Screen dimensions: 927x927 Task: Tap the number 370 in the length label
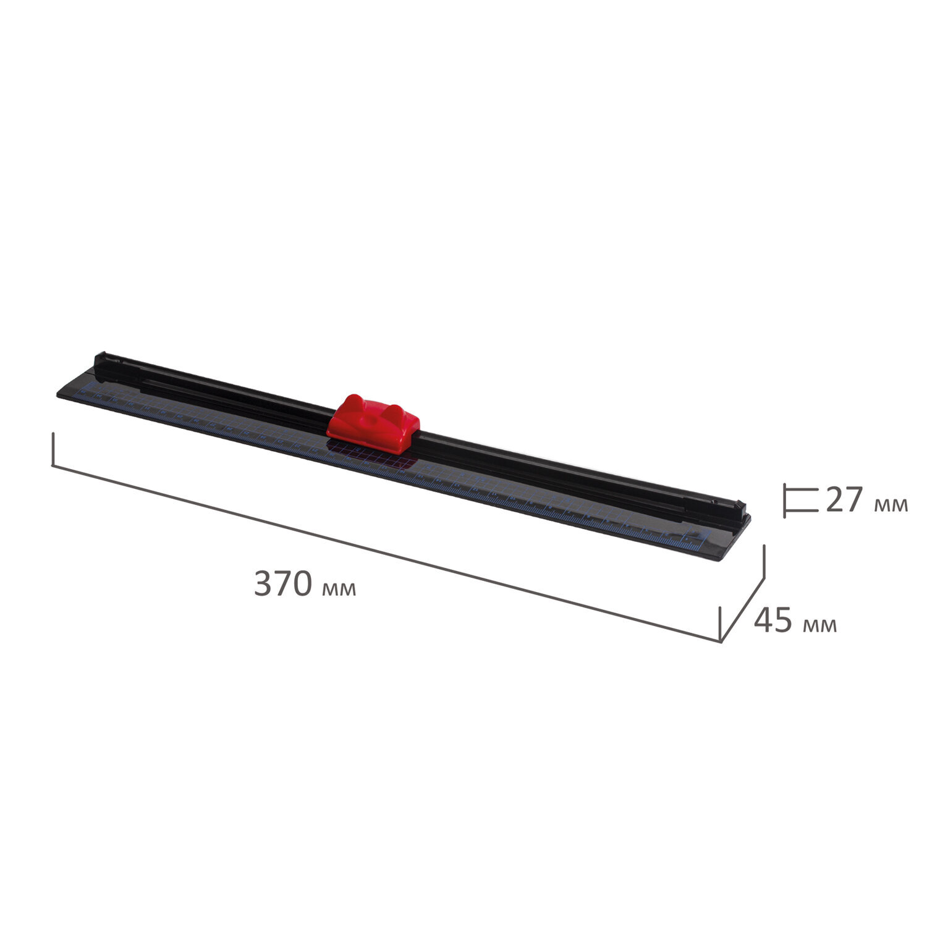pos(282,584)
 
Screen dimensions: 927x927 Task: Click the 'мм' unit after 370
pos(339,589)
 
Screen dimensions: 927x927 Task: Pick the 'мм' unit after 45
pos(820,625)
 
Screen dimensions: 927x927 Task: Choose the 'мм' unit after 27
pos(891,505)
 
